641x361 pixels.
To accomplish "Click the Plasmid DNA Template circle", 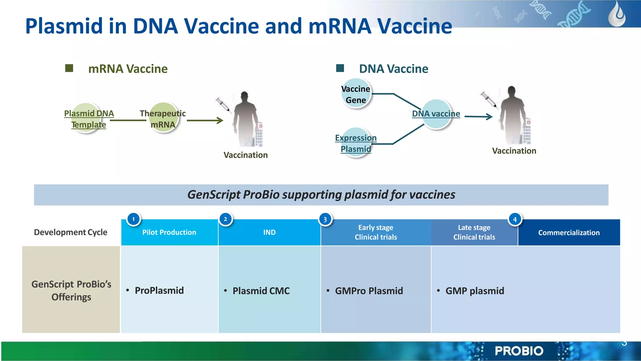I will [x=86, y=118].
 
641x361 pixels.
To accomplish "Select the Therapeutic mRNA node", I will [x=163, y=118].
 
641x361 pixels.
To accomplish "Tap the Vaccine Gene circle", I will [x=356, y=94].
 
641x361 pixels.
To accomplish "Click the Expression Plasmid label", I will [x=356, y=143].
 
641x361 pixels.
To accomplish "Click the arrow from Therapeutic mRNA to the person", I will [x=205, y=121].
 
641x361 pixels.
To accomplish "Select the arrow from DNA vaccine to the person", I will [x=478, y=117].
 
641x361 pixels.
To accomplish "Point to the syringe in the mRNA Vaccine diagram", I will [x=223, y=104].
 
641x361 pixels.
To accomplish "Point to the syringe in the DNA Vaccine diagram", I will [x=489, y=100].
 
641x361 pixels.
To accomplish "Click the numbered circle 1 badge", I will [x=133, y=219].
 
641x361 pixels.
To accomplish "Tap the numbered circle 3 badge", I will [x=325, y=219].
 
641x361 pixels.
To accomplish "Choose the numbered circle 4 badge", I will [x=515, y=219].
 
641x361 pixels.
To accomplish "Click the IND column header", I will [x=269, y=232].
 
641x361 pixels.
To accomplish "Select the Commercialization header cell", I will [x=569, y=233].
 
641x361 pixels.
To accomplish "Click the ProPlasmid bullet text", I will [x=159, y=291].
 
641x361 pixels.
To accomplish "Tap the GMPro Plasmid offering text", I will [x=369, y=291].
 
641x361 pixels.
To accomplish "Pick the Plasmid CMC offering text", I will [x=261, y=291].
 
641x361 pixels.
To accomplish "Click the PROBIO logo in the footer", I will [x=519, y=351].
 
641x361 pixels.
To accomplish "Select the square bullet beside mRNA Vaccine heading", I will [x=69, y=68].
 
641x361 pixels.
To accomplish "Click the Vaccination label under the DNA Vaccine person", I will [x=514, y=151].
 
